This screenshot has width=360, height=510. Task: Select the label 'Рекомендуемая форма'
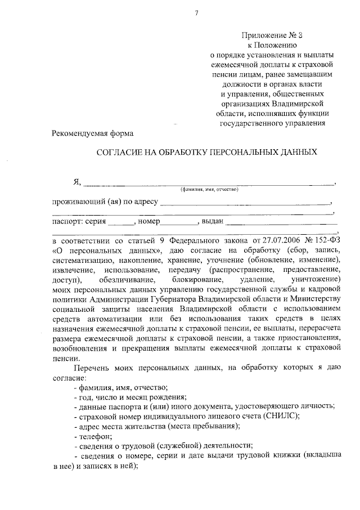(x=93, y=133)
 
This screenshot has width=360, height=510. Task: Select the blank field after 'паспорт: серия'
(x=121, y=222)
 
